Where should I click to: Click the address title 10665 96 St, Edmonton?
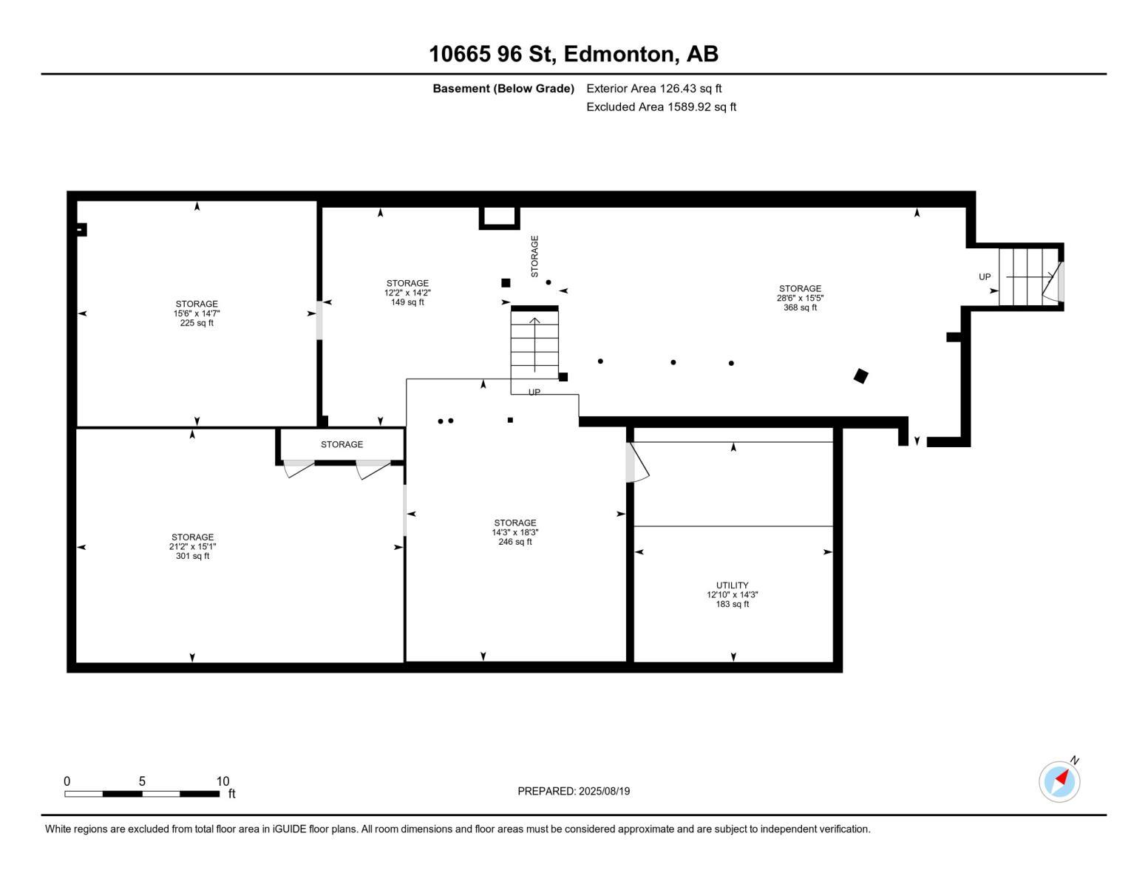(574, 54)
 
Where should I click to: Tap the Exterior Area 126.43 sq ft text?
(653, 89)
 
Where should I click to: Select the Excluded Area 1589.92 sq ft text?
(661, 107)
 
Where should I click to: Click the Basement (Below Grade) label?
(503, 89)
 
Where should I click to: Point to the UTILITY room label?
(732, 585)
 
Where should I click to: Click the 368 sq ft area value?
(800, 308)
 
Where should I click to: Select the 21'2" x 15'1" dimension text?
(192, 547)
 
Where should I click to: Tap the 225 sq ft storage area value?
(197, 323)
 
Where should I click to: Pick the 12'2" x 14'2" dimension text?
(407, 293)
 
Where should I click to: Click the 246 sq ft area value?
(515, 542)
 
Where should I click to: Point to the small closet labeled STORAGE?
(342, 445)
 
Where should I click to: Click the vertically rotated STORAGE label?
(534, 256)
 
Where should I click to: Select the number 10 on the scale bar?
(223, 781)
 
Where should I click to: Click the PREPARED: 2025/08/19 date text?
(574, 792)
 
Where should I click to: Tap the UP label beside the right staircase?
(985, 277)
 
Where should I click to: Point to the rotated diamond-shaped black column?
(860, 376)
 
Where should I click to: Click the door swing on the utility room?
(637, 463)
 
